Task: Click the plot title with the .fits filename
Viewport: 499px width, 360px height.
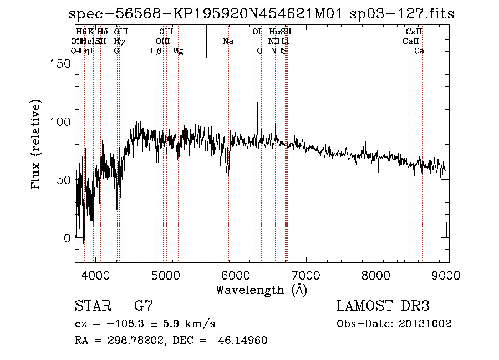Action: (261, 14)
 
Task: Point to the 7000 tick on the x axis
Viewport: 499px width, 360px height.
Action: (307, 261)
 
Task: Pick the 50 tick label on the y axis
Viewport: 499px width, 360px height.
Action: (64, 180)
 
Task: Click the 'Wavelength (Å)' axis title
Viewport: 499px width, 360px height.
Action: (261, 290)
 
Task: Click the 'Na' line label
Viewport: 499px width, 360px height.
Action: (228, 42)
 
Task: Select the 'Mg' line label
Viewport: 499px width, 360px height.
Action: (178, 51)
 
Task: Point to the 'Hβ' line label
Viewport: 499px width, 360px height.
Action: (156, 51)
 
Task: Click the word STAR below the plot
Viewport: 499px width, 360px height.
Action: (92, 306)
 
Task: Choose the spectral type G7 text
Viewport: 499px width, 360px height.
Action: (144, 306)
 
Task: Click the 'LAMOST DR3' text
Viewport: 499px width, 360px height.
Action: (383, 306)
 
